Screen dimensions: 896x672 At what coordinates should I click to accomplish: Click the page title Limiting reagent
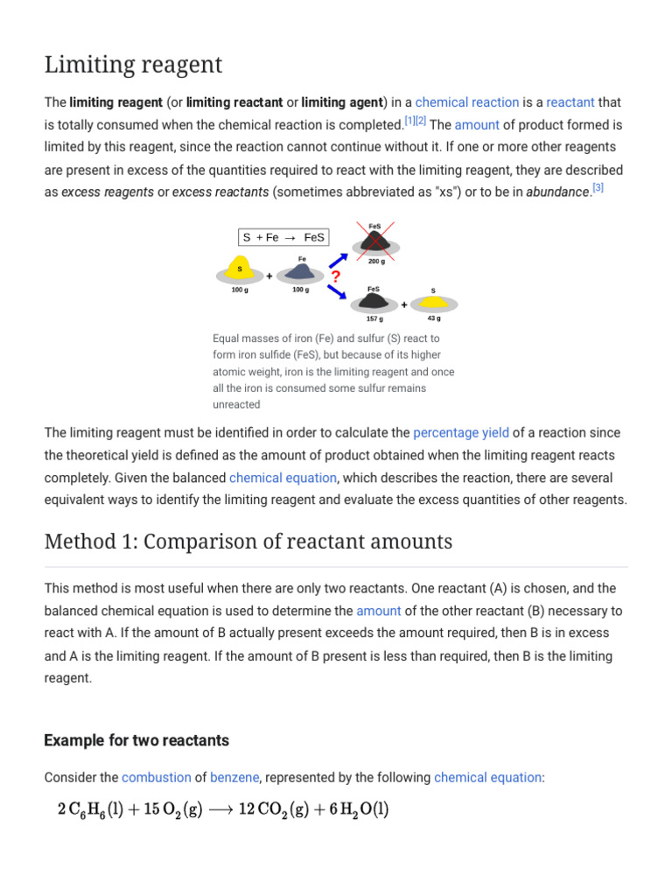(133, 65)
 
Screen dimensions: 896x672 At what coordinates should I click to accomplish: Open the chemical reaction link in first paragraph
(467, 102)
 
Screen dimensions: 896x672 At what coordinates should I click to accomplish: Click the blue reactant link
(570, 102)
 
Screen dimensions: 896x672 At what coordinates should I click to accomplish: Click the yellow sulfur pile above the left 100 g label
(240, 269)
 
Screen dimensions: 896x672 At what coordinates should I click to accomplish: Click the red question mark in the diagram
(336, 276)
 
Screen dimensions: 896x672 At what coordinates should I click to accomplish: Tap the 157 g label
(374, 318)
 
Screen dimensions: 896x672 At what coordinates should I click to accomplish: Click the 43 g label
(434, 318)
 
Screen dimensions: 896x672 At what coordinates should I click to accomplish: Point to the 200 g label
(376, 262)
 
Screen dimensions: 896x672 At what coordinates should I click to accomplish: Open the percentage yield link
(460, 432)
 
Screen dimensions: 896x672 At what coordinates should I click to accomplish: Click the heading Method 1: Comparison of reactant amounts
(248, 542)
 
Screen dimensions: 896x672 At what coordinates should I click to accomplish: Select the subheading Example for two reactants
(136, 740)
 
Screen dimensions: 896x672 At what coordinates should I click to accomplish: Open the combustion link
(157, 777)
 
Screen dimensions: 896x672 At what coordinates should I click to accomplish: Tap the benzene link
(234, 777)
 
